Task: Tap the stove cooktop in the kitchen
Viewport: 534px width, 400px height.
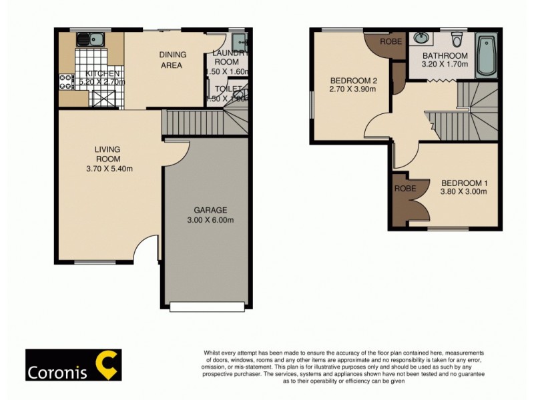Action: click(x=67, y=81)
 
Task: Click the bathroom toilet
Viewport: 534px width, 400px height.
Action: click(x=457, y=38)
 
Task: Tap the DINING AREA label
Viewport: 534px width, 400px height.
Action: click(x=173, y=59)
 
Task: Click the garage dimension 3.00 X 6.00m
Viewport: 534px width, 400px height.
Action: click(x=210, y=219)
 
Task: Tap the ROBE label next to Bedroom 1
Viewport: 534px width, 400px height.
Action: click(x=406, y=189)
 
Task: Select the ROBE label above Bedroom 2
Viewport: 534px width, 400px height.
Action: click(x=390, y=41)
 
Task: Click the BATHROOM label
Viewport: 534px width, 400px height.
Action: click(x=445, y=55)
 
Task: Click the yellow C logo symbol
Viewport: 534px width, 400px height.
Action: click(x=107, y=363)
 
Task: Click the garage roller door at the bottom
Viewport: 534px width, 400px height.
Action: click(x=206, y=307)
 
